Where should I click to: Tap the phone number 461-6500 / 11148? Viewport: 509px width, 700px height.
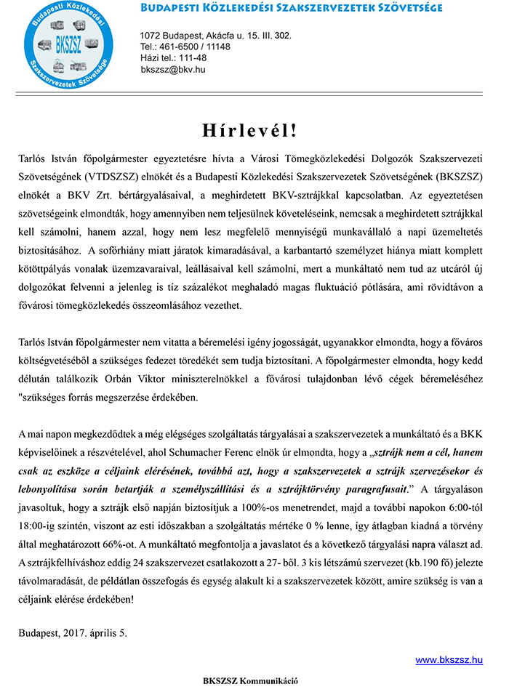(185, 47)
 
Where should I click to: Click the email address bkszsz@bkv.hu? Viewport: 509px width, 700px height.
(173, 69)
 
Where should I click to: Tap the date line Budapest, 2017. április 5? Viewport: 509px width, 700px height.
(73, 633)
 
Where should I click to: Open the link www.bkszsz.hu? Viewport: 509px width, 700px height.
(449, 660)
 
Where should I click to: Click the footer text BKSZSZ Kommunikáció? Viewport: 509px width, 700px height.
(250, 681)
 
